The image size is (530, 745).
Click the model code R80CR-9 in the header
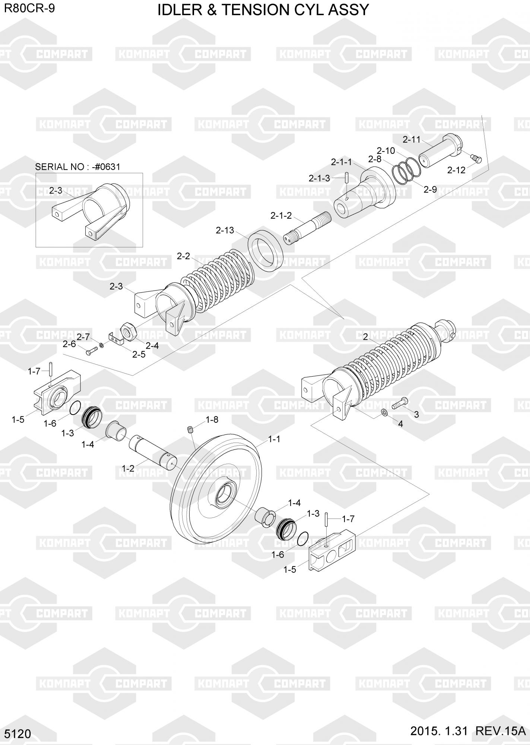pyautogui.click(x=29, y=8)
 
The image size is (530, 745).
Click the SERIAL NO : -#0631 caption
pyautogui.click(x=77, y=167)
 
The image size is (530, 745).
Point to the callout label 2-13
pyautogui.click(x=225, y=230)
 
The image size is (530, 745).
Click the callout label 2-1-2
pyautogui.click(x=281, y=216)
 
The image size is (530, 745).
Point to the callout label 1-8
pyautogui.click(x=212, y=420)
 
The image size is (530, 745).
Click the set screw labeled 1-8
pyautogui.click(x=190, y=431)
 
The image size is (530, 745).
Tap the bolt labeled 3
pyautogui.click(x=400, y=402)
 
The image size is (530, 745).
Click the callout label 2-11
pyautogui.click(x=412, y=140)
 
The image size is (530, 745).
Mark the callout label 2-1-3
pyautogui.click(x=319, y=178)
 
